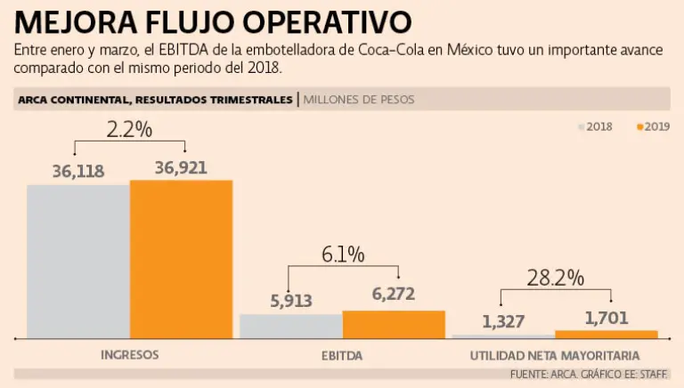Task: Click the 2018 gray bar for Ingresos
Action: click(x=78, y=261)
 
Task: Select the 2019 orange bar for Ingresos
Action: click(x=181, y=259)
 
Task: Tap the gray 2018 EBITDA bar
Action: click(x=290, y=326)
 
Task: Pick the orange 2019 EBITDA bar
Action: click(x=394, y=324)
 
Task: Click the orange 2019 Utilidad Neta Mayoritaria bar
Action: click(x=606, y=334)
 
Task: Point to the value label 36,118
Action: click(x=78, y=170)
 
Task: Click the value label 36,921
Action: click(x=182, y=166)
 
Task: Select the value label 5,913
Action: click(x=290, y=301)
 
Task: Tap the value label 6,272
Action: click(x=394, y=294)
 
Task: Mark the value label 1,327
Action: click(x=504, y=321)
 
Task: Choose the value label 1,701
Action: click(x=607, y=317)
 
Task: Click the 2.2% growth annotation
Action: click(x=129, y=130)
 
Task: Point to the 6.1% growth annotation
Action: click(x=343, y=255)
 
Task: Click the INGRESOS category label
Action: click(x=129, y=354)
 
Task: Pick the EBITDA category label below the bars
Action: click(x=342, y=355)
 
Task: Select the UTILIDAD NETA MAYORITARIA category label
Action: click(x=554, y=355)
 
